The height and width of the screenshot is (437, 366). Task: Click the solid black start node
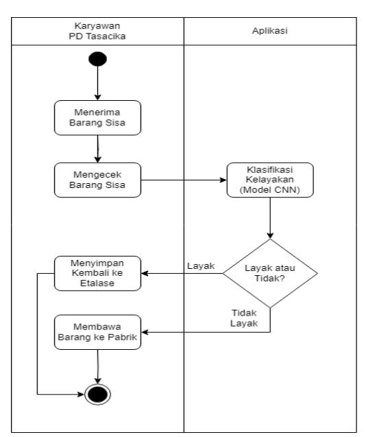click(97, 59)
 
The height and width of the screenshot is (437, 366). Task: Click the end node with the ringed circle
click(97, 394)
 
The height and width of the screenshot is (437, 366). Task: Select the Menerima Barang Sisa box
click(97, 117)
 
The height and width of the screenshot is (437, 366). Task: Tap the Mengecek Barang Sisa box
click(97, 180)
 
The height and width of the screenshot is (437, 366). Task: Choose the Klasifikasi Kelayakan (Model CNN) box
click(270, 180)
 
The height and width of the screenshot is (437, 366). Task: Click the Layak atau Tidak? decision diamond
click(270, 274)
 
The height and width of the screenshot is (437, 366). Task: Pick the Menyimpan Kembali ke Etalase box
click(97, 274)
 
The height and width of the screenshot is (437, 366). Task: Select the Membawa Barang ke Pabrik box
click(97, 332)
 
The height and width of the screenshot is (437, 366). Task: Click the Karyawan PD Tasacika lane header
click(97, 31)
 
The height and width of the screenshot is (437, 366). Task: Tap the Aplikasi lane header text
click(269, 31)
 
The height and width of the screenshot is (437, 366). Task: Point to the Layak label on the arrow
click(201, 266)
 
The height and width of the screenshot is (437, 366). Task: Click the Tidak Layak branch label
click(244, 318)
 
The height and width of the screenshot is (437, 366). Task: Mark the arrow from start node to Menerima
click(97, 83)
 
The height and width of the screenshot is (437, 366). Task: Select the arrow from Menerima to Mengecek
click(97, 149)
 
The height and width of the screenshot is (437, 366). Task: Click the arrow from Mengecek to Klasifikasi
click(184, 180)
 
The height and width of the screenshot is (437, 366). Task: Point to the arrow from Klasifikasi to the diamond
click(270, 218)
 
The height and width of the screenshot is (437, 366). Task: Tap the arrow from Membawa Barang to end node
click(97, 367)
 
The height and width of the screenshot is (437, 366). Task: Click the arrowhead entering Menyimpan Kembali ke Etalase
click(145, 274)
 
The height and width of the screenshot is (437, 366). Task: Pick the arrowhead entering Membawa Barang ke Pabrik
click(145, 332)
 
